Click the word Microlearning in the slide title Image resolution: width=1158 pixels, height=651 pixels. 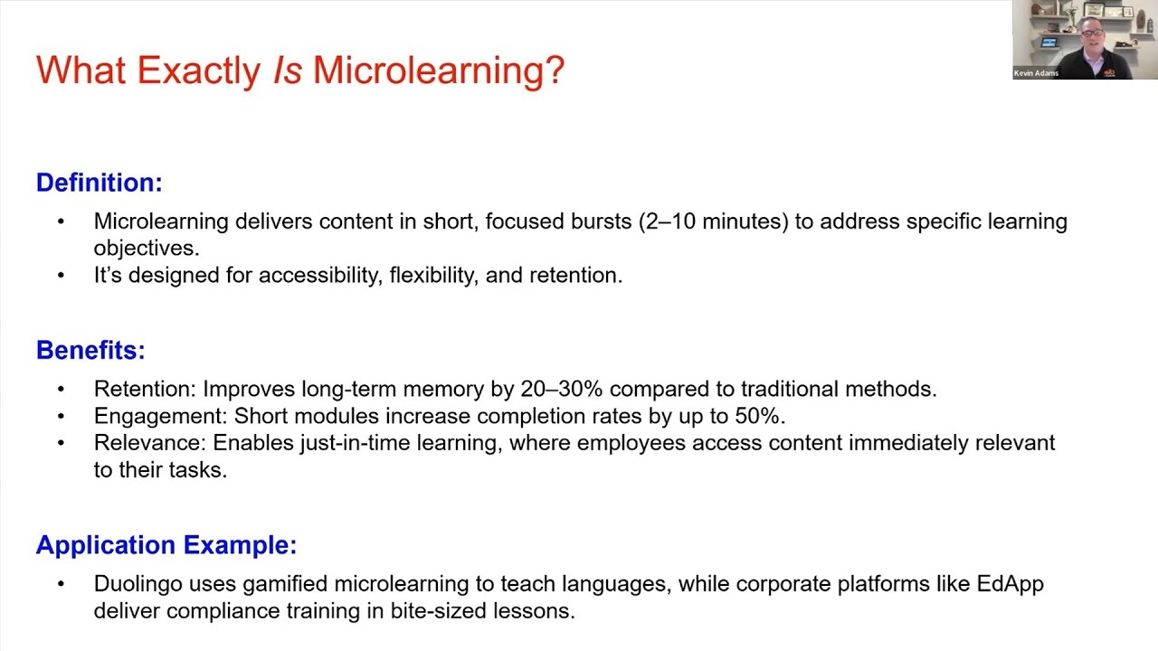pyautogui.click(x=438, y=71)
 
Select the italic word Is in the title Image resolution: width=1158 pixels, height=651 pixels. pyautogui.click(x=287, y=71)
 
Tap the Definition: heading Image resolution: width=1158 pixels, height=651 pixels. pyautogui.click(x=100, y=183)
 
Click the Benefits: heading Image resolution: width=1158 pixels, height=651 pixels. pyautogui.click(x=90, y=351)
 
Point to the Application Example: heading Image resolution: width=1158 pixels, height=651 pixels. pyautogui.click(x=166, y=545)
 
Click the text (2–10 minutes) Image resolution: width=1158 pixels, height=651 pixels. pyautogui.click(x=713, y=222)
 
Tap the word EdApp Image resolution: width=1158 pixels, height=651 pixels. pyautogui.click(x=1011, y=584)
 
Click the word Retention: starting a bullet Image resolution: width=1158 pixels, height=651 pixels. pyautogui.click(x=145, y=389)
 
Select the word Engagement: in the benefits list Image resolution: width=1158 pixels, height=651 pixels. pyautogui.click(x=161, y=416)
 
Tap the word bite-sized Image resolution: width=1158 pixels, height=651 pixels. pyautogui.click(x=439, y=611)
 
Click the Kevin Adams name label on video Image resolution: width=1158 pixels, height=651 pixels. pyautogui.click(x=1037, y=73)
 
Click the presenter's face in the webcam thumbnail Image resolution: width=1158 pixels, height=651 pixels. pyautogui.click(x=1092, y=39)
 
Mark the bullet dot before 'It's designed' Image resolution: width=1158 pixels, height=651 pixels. pyautogui.click(x=62, y=275)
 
